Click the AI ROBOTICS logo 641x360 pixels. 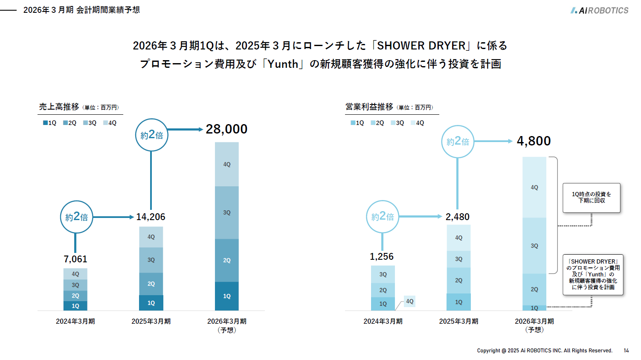[599, 10]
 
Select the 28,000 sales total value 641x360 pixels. [226, 129]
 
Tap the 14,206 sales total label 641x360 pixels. [151, 217]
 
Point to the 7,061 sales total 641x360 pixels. [75, 259]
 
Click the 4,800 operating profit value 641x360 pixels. [534, 141]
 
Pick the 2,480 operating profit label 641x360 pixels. [457, 217]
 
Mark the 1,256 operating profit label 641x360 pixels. [382, 256]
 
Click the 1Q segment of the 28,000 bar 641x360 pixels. [226, 296]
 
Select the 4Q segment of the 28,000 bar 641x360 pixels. [226, 164]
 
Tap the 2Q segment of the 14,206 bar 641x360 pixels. [151, 284]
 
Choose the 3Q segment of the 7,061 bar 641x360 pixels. [75, 285]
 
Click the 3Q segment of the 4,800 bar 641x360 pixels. [534, 246]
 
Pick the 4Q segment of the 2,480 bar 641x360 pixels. [458, 238]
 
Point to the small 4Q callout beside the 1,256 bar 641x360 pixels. [409, 301]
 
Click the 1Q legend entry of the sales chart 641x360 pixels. [49, 123]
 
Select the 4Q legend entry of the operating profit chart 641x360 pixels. [417, 123]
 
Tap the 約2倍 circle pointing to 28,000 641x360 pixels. [152, 135]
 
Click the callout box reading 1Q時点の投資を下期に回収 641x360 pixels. [591, 197]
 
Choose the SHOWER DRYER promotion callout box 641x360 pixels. [593, 274]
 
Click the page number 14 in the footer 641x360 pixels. [626, 351]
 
